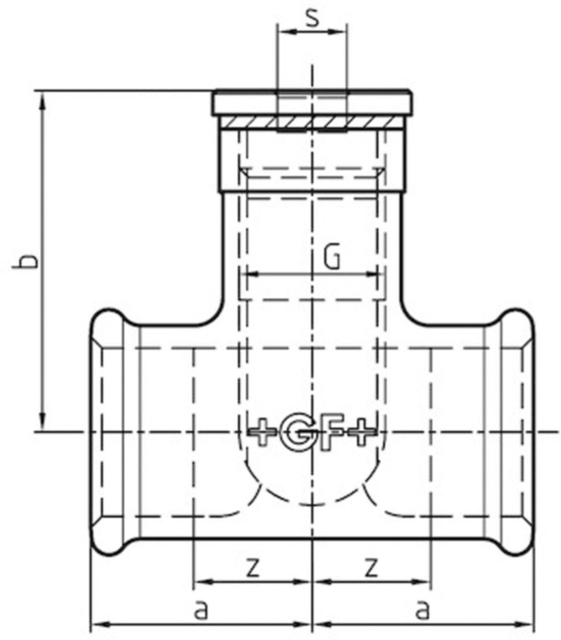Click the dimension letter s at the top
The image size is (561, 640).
tap(312, 20)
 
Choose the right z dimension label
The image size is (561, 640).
tap(372, 567)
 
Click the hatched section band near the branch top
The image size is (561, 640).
tap(312, 123)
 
